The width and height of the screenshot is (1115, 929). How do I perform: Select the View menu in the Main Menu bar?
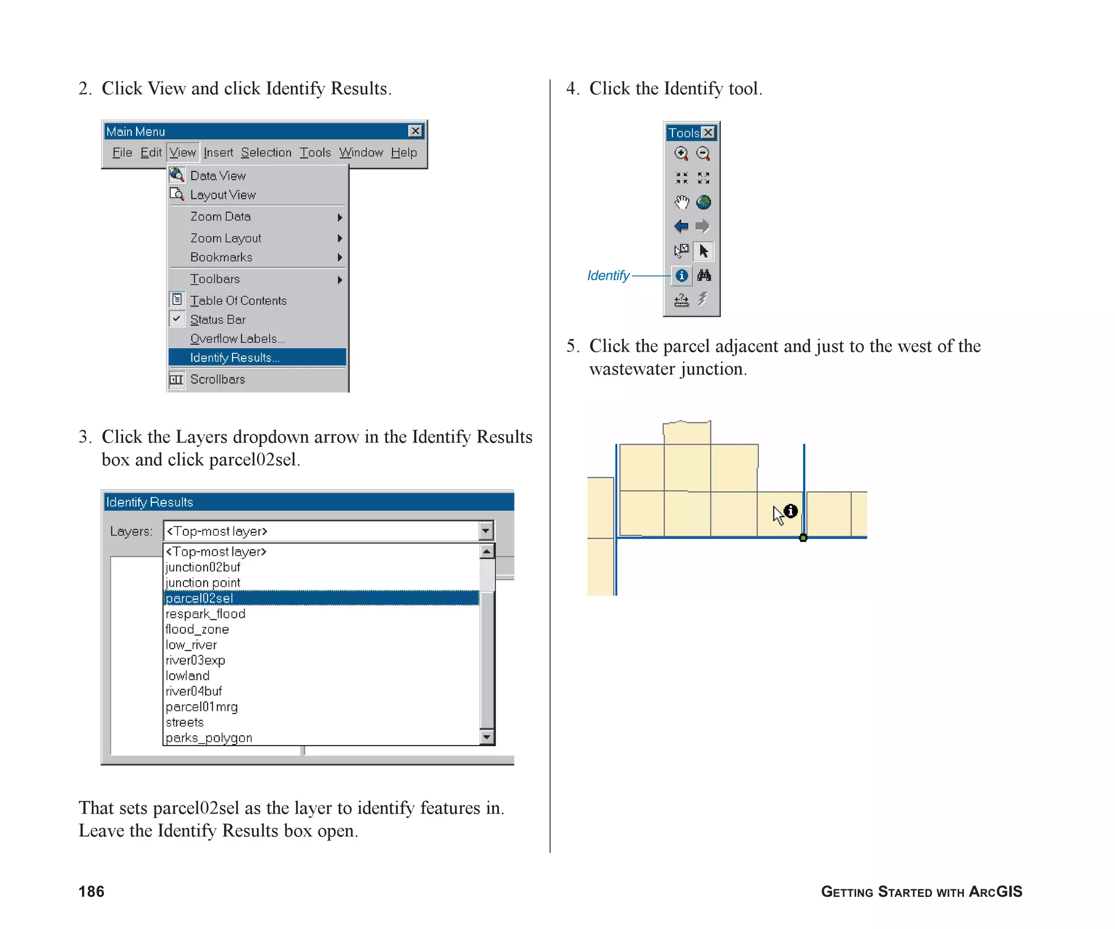click(182, 152)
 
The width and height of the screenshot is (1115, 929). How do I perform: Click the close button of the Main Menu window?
click(415, 131)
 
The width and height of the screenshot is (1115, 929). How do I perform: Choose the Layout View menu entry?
click(222, 195)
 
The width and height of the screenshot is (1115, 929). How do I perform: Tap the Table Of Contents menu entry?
click(238, 300)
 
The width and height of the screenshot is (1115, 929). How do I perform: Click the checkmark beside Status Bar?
click(177, 319)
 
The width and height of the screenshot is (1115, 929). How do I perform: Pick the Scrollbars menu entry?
click(217, 379)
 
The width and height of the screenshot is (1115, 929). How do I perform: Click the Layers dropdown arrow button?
click(486, 531)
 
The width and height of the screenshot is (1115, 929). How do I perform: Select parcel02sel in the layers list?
click(199, 598)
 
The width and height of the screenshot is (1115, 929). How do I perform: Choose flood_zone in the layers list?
click(197, 629)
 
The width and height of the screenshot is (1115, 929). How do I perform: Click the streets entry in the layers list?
click(185, 722)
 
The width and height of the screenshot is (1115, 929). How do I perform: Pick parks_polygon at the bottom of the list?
click(209, 738)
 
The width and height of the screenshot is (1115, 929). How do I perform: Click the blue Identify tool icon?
click(681, 275)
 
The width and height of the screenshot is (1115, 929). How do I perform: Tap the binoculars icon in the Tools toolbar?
click(704, 275)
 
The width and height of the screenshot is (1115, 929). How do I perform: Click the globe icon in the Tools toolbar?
click(703, 202)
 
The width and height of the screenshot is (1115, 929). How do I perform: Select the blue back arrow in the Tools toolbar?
click(681, 226)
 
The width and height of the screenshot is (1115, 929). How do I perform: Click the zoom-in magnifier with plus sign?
click(681, 153)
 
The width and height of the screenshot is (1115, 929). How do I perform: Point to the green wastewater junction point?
click(803, 538)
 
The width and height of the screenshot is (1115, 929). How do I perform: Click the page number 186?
click(91, 891)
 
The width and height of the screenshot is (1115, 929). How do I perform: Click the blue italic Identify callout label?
click(608, 276)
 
